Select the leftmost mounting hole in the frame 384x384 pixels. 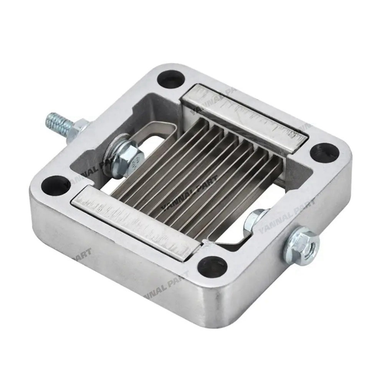click(56, 185)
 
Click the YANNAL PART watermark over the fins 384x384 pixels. click(188, 194)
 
